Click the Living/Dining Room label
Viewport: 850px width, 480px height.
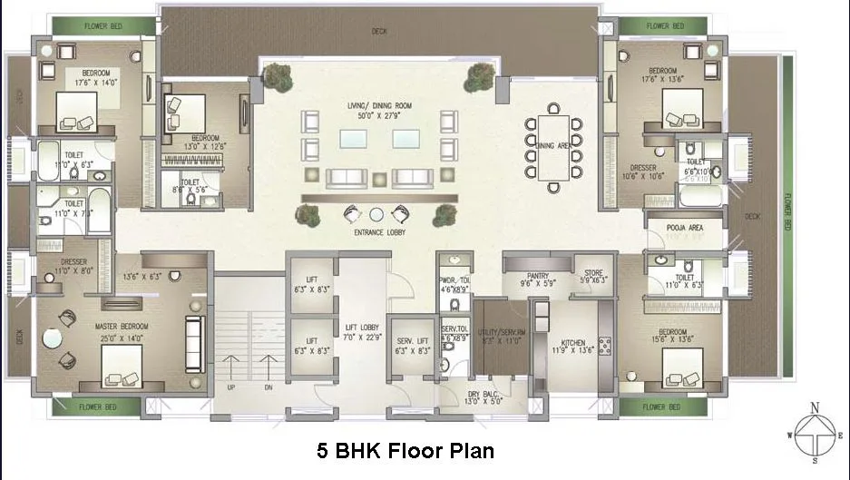click(379, 106)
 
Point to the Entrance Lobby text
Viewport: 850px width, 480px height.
click(379, 232)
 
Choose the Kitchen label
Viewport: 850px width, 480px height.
click(574, 344)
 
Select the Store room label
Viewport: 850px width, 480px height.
click(594, 271)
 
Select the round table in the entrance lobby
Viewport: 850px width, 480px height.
click(376, 214)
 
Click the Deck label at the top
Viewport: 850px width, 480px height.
click(378, 33)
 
